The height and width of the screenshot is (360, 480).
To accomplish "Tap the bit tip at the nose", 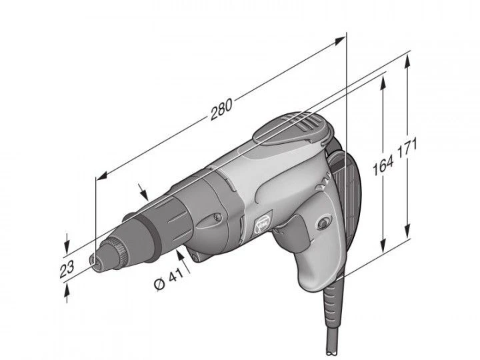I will pyautogui.click(x=93, y=258).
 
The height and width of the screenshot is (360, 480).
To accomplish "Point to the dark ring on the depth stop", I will pyautogui.click(x=151, y=230).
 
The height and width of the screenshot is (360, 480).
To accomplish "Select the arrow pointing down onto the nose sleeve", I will pyautogui.click(x=143, y=193).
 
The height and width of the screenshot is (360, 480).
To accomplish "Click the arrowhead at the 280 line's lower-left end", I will pyautogui.click(x=101, y=177).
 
